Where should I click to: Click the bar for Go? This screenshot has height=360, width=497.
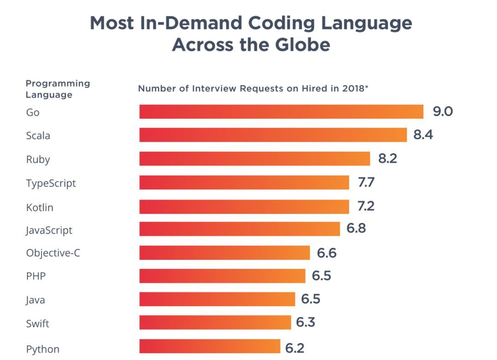281,112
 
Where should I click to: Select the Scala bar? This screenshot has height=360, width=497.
273,135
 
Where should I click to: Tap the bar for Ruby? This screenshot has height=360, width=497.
254,159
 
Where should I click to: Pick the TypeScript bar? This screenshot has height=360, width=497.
244,183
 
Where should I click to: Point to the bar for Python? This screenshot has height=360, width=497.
209,347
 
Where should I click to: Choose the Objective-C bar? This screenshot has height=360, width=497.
225,253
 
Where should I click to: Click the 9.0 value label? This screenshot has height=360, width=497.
443,111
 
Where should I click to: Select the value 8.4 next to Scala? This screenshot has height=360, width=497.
423,135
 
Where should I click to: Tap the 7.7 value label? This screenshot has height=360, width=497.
366,183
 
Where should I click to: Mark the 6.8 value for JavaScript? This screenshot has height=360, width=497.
356,228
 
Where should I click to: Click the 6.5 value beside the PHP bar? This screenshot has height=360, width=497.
321,276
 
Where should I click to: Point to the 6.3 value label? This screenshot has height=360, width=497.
306,322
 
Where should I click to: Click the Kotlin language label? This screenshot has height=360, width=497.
40,207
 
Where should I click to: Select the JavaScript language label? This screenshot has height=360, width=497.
49,230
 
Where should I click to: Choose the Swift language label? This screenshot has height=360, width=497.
37,324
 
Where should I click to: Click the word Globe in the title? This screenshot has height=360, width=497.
303,45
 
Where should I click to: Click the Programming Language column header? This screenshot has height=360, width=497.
58,89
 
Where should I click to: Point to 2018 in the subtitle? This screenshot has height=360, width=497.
353,88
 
